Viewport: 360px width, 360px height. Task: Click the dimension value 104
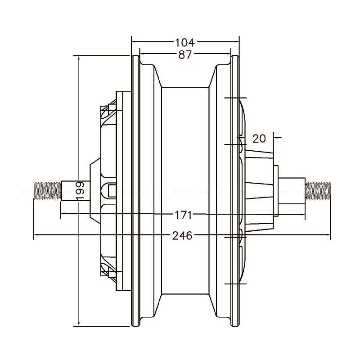pos(184,43)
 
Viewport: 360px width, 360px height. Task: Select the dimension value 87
pos(184,55)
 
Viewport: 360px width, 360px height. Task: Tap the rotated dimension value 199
pos(81,191)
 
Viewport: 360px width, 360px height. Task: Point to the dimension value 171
pos(184,215)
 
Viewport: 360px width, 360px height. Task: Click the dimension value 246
pos(183,235)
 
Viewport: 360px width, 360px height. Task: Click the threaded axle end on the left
pos(47,190)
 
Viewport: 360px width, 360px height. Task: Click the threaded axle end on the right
pos(318,190)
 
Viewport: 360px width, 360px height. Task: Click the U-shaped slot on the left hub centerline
pos(109,191)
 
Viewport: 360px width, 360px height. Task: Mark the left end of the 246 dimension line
pos(34,234)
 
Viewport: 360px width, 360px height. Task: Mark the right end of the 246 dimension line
pos(330,234)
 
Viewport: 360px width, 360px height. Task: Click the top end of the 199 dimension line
pos(79,56)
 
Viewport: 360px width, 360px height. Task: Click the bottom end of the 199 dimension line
pos(79,325)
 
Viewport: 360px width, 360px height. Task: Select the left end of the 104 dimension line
pos(131,43)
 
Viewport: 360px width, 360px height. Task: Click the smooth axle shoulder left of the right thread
pos(293,190)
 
